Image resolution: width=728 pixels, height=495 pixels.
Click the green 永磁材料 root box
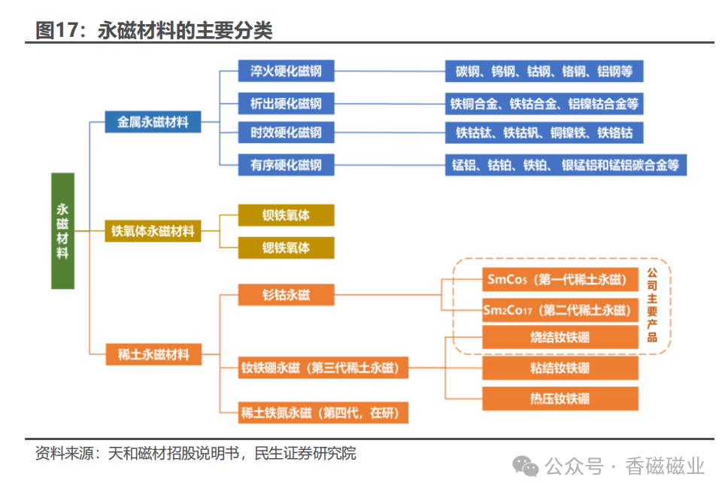point(62,231)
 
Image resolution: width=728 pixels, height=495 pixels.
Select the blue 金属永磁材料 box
point(153,122)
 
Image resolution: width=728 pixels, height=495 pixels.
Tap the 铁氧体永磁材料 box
point(153,231)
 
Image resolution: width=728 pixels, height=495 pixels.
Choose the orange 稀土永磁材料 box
point(153,354)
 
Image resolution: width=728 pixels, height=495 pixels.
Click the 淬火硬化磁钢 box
point(286,71)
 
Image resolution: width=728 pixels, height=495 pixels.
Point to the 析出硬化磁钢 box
point(286,104)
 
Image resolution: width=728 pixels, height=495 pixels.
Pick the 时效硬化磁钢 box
point(286,133)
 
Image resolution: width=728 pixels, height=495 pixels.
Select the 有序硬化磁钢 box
point(286,165)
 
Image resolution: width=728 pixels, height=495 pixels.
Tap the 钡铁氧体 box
point(286,215)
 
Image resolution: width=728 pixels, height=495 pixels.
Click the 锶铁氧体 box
point(286,247)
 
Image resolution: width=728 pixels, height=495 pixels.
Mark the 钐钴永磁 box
point(286,294)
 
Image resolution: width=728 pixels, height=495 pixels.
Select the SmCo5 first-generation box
point(560,280)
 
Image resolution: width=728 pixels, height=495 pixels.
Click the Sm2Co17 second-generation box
point(560,310)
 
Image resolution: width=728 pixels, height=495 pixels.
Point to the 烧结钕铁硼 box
point(560,337)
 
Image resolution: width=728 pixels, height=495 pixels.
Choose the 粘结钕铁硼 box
point(560,368)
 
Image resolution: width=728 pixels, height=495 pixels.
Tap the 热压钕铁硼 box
point(560,399)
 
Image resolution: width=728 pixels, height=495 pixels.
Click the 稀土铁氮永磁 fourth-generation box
point(323,412)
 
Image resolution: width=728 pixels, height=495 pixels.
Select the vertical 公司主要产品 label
point(652,305)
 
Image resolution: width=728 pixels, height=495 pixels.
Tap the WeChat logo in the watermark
point(525,466)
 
